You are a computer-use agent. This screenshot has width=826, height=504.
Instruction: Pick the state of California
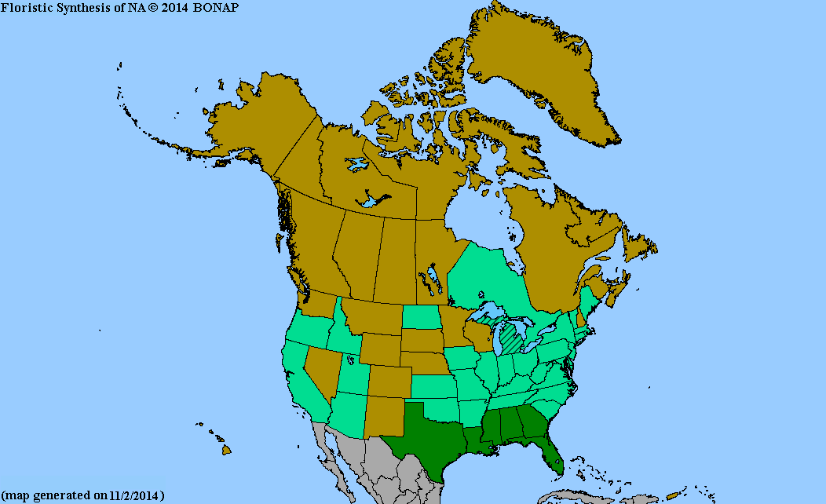[x=302, y=385]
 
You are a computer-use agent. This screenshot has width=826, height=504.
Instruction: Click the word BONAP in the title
[x=216, y=7]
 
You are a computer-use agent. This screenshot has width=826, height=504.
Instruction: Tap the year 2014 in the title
[x=172, y=7]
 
